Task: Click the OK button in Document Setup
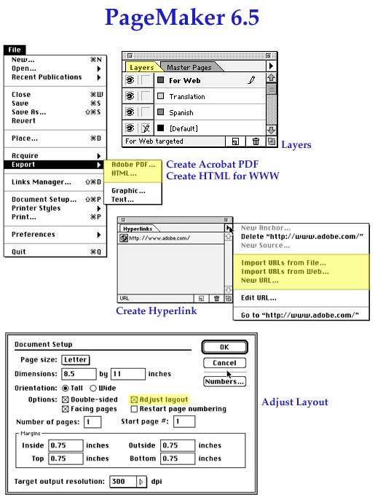coord(224,347)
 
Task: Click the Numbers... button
coord(224,381)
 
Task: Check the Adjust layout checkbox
coord(134,399)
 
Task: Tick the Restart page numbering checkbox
coord(134,409)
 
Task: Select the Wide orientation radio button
coord(93,388)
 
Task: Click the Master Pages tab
coord(189,67)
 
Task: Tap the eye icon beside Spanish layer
coord(130,112)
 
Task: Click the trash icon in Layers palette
coord(256,141)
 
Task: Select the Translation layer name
coord(187,97)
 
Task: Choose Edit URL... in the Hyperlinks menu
coord(258,298)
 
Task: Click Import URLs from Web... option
coord(285,272)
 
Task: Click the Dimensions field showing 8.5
coord(79,374)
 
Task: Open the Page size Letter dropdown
coord(76,360)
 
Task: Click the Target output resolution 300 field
coord(123,482)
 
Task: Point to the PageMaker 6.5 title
coord(182,17)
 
